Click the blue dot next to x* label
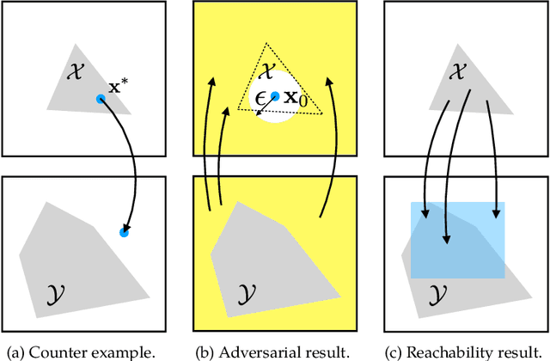(x=101, y=99)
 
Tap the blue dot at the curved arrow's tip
(x=124, y=232)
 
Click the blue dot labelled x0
(x=275, y=96)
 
